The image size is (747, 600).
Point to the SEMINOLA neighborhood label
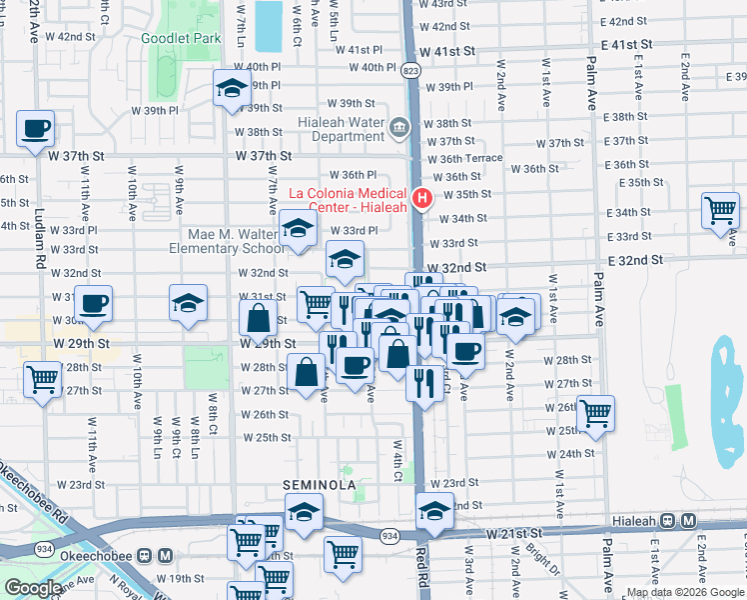click(x=320, y=485)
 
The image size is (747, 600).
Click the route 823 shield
click(x=410, y=70)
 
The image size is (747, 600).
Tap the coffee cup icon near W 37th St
click(x=35, y=129)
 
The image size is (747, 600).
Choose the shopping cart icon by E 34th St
click(x=720, y=211)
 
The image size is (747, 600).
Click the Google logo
click(x=33, y=588)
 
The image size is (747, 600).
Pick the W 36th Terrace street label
click(x=464, y=159)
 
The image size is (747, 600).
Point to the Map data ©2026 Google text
click(x=685, y=592)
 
